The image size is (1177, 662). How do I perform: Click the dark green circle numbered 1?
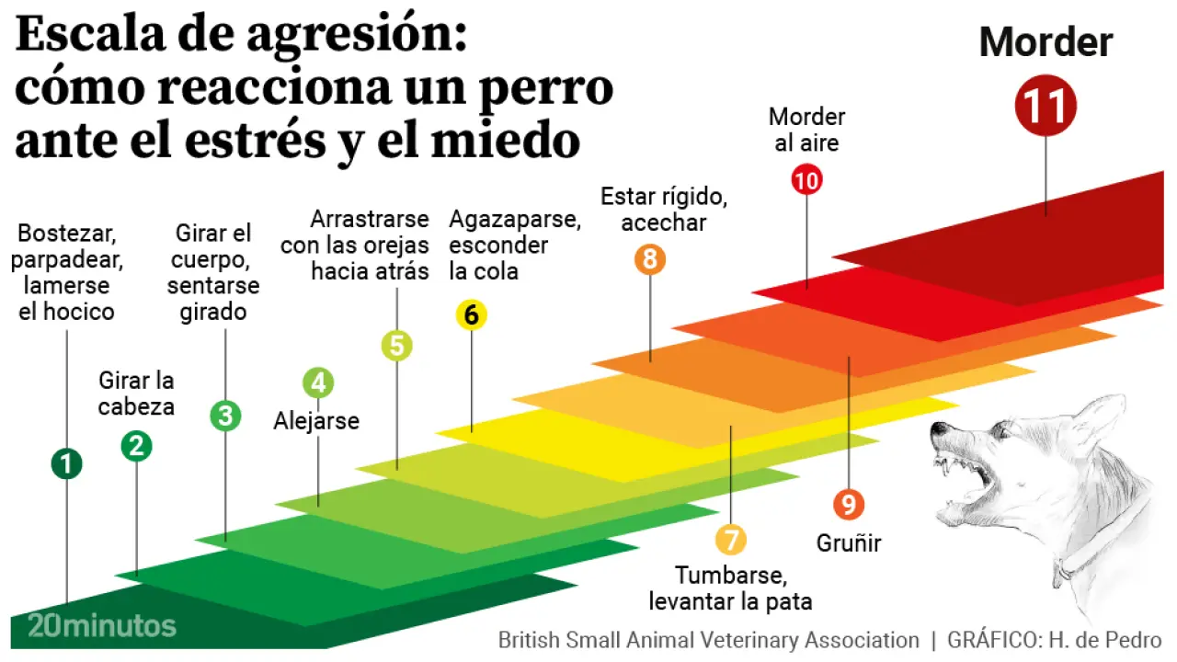click(66, 463)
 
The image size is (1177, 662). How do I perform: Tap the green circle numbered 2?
click(136, 446)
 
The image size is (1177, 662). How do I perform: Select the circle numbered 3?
click(225, 416)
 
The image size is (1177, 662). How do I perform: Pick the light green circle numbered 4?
click(318, 382)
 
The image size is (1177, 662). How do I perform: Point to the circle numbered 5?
click(397, 346)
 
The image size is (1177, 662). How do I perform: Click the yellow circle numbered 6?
click(472, 315)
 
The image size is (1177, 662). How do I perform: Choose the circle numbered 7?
click(731, 539)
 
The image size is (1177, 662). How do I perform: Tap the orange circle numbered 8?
click(650, 259)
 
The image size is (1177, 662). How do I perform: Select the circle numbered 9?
click(849, 504)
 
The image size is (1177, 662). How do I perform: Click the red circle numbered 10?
click(806, 181)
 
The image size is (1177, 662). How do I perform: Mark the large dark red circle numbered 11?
click(1046, 106)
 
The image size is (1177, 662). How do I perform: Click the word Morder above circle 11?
click(1046, 43)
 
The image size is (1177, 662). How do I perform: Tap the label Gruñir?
click(849, 543)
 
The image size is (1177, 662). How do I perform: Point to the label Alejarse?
click(316, 421)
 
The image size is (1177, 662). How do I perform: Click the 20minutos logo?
click(101, 626)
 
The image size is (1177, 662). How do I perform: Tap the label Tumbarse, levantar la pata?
click(731, 588)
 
